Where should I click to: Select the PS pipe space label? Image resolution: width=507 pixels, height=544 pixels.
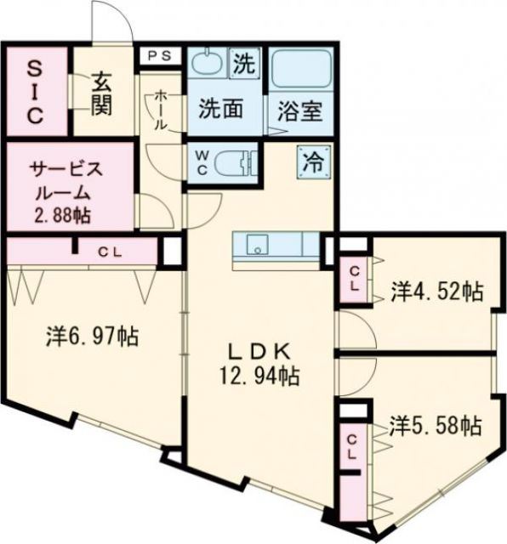[160, 55]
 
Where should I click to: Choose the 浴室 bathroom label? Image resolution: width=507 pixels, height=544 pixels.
[299, 110]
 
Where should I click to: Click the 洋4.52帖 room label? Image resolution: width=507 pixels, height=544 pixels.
[436, 292]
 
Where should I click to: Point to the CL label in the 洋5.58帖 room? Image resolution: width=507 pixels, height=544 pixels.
[352, 447]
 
